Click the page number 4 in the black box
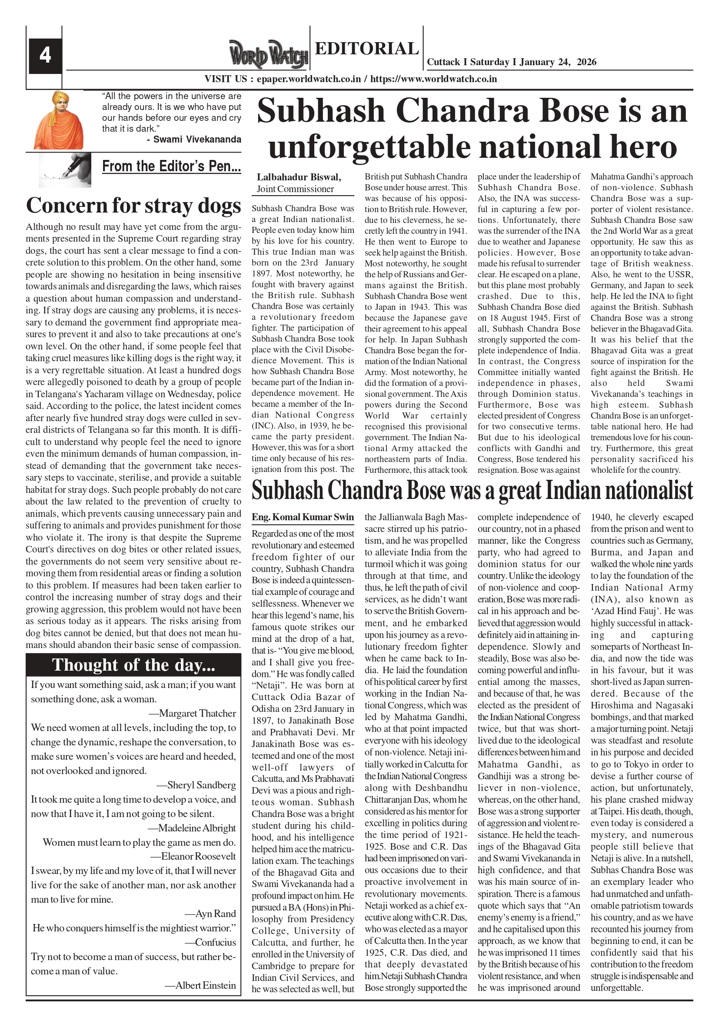coord(45,56)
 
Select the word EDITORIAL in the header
coord(366,49)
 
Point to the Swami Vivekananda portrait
coord(58,120)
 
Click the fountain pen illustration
coord(65,170)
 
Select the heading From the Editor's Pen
coord(171,166)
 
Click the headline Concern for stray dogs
coord(133,205)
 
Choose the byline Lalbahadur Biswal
coord(299,177)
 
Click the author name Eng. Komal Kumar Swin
coord(303,517)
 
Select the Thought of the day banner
coord(133,665)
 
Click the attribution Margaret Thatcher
coord(197,714)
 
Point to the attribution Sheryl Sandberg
coord(201,785)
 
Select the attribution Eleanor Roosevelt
coord(198,857)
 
